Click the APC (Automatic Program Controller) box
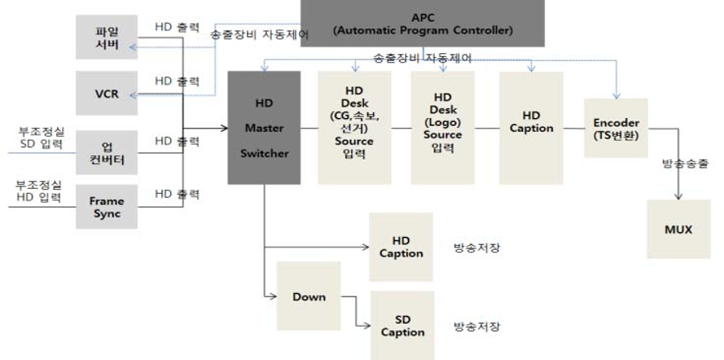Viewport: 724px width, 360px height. [422, 23]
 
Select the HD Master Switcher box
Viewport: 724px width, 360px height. [264, 128]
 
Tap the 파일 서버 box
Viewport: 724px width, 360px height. [107, 37]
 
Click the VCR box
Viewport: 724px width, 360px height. [107, 93]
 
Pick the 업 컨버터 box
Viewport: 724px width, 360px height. [107, 152]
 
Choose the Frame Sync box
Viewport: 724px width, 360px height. [107, 206]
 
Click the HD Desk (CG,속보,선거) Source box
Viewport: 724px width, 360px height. [354, 128]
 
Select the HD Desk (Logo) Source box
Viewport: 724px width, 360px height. [443, 128]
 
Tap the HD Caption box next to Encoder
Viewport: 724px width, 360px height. [531, 128]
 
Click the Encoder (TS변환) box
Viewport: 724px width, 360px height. [616, 128]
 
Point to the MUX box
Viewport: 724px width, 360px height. [678, 229]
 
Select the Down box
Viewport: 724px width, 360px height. [309, 297]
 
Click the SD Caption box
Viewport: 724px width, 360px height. [403, 325]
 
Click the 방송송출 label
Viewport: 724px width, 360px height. [685, 163]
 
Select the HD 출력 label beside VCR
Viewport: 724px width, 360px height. [177, 81]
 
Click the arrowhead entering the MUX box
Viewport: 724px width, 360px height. [678, 198]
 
